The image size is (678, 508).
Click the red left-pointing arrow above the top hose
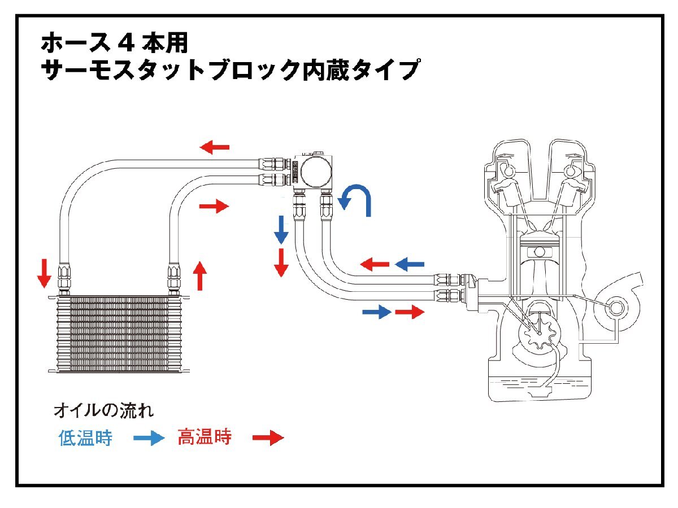[x=215, y=148]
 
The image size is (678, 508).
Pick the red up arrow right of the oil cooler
[x=199, y=275]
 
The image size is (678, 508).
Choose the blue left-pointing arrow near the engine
[x=409, y=263]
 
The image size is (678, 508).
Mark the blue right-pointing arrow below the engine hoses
[x=376, y=311]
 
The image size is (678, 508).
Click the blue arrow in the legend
[x=149, y=439]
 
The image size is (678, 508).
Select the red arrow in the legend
[x=267, y=438]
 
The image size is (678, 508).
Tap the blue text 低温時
[x=85, y=438]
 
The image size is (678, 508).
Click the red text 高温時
[x=205, y=437]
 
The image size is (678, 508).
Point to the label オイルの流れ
[x=103, y=410]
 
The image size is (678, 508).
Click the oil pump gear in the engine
[x=540, y=334]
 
